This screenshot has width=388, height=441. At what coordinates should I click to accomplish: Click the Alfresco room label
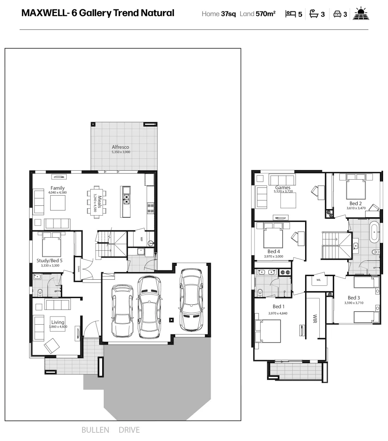pos(120,147)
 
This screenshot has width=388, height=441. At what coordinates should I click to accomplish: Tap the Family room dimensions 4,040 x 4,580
pos(57,192)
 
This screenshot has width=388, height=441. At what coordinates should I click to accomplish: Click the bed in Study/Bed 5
pos(51,243)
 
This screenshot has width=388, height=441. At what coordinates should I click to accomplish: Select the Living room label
pos(58,322)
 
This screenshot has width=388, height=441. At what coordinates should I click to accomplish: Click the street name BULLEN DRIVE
pos(111,430)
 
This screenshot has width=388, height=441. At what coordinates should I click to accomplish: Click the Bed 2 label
pos(355,203)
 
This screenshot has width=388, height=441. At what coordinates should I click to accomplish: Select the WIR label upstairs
pos(315,318)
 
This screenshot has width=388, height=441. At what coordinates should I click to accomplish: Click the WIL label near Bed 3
pos(319,280)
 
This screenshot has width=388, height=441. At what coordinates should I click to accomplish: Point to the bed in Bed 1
pos(268,331)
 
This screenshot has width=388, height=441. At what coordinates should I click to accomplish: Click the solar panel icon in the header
pos(362,13)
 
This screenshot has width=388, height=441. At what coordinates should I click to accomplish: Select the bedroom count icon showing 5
pos(290,14)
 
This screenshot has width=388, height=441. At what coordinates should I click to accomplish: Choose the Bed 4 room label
pos(274,252)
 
